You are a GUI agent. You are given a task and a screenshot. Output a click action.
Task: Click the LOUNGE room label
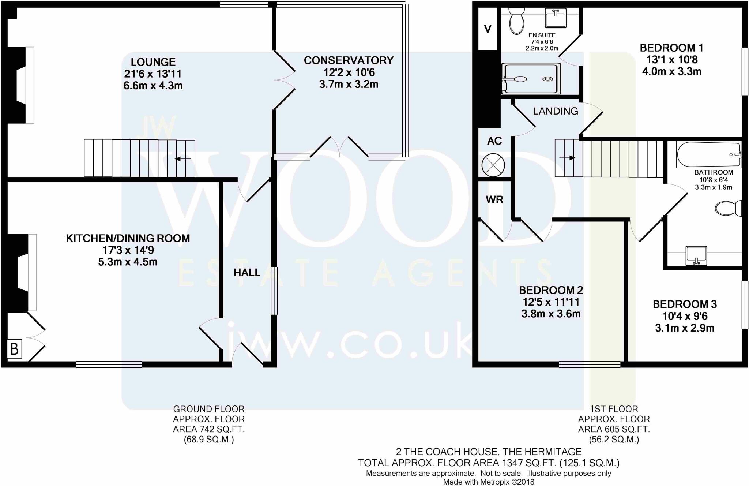(153, 62)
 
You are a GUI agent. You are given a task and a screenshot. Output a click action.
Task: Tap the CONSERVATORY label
(349, 60)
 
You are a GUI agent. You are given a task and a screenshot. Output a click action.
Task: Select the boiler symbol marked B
(15, 349)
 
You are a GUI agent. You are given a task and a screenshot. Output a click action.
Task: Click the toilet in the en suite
(516, 21)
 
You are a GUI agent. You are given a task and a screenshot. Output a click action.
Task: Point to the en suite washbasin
(556, 18)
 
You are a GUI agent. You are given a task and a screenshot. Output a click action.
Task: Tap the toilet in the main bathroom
(728, 208)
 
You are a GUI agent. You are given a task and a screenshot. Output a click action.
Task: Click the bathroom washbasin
(696, 255)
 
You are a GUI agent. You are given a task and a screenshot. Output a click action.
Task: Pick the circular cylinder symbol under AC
(493, 165)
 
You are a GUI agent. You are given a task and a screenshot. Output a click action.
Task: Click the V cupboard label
(488, 29)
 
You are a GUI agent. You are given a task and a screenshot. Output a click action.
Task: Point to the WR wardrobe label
(494, 199)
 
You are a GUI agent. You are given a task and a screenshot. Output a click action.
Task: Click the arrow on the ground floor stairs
(182, 158)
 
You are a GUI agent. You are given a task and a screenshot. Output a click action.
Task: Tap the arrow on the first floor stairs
(567, 158)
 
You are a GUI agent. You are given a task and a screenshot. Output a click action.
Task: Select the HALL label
(247, 272)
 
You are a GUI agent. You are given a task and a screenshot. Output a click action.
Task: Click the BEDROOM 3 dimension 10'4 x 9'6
(685, 316)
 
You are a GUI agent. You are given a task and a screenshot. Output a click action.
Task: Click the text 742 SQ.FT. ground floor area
(209, 429)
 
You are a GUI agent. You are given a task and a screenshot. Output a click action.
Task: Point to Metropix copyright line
(489, 482)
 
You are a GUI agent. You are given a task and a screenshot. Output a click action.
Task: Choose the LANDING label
(555, 111)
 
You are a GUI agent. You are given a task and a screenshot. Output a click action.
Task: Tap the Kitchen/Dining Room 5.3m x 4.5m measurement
(128, 262)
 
